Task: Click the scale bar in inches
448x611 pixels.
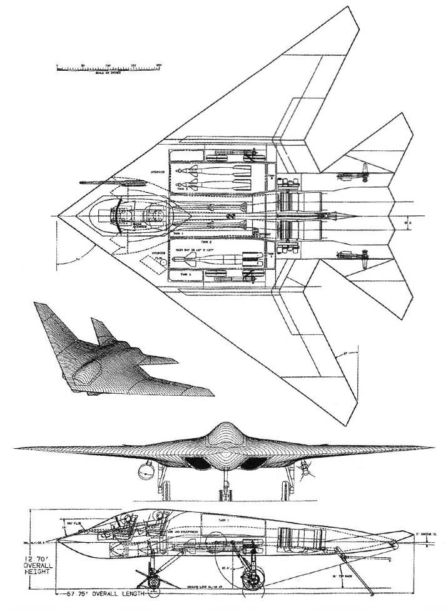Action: [x=108, y=66]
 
